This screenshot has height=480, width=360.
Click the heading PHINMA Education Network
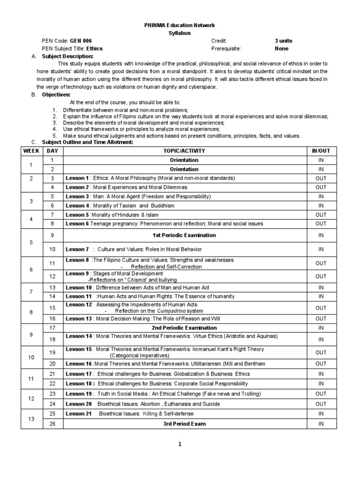pos(180,25)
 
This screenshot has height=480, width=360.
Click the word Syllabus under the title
pos(180,33)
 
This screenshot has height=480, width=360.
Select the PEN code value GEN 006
pos(81,41)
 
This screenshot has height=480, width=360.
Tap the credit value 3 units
pos(283,41)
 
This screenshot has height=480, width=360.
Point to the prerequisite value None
pos(282,48)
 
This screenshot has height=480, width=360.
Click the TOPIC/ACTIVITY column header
pos(184,151)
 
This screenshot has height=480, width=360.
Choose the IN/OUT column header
pos(321,151)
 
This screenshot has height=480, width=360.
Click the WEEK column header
pos(31,151)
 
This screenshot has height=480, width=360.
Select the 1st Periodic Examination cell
pos(184,235)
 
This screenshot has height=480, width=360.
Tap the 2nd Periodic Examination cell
pos(184,328)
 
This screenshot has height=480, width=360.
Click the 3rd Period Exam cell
pos(184,424)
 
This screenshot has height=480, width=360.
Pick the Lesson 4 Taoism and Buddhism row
pos(120,206)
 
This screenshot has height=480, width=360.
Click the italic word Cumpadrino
pos(157,311)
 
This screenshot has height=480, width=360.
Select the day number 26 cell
pos(52,424)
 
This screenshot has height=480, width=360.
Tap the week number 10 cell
pos(31,357)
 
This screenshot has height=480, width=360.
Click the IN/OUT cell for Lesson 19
pos(321,394)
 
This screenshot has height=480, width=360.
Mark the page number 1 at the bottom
pos(180,445)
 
